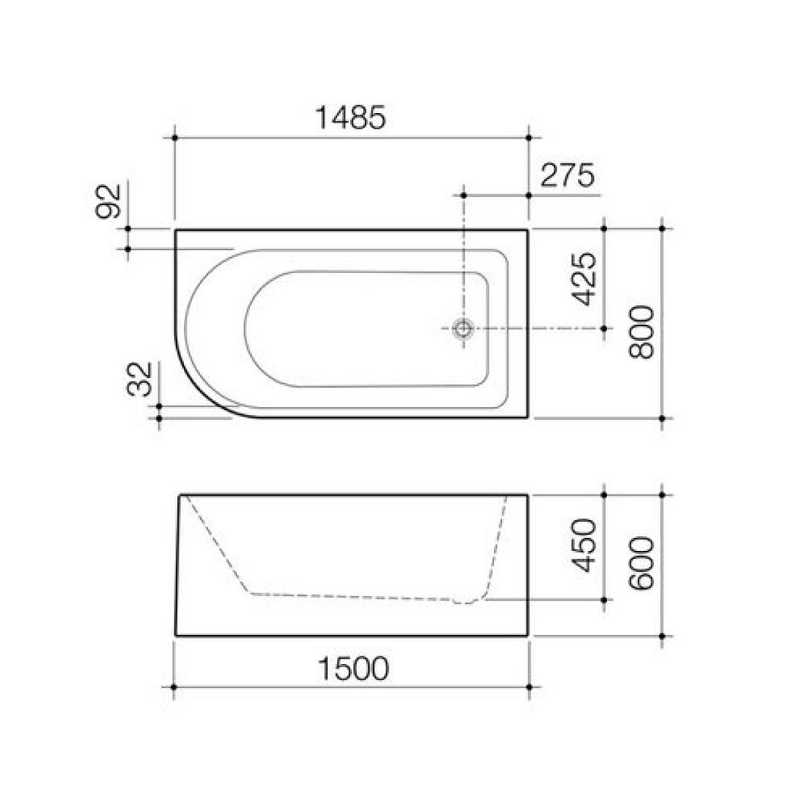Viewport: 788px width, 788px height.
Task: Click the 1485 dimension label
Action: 350,118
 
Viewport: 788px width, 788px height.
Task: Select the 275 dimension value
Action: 567,176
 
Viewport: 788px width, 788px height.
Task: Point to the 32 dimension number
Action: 141,379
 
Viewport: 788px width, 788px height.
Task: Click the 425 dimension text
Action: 584,279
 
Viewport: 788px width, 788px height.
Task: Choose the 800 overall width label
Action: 641,332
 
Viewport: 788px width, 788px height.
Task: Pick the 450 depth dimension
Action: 586,546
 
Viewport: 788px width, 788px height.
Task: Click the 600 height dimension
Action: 641,563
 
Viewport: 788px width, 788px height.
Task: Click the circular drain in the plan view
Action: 462,329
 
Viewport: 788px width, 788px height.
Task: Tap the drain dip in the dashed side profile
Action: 463,602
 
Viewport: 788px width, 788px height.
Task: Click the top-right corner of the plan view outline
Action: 528,230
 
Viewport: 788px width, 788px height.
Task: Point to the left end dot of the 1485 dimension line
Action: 175,138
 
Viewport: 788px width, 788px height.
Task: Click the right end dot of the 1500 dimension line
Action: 529,686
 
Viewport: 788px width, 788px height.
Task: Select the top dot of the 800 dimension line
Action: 663,229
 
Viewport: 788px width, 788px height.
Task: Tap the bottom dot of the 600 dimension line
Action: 663,636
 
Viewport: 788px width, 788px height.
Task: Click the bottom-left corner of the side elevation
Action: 176,635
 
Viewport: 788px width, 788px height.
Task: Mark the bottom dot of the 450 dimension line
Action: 604,599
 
